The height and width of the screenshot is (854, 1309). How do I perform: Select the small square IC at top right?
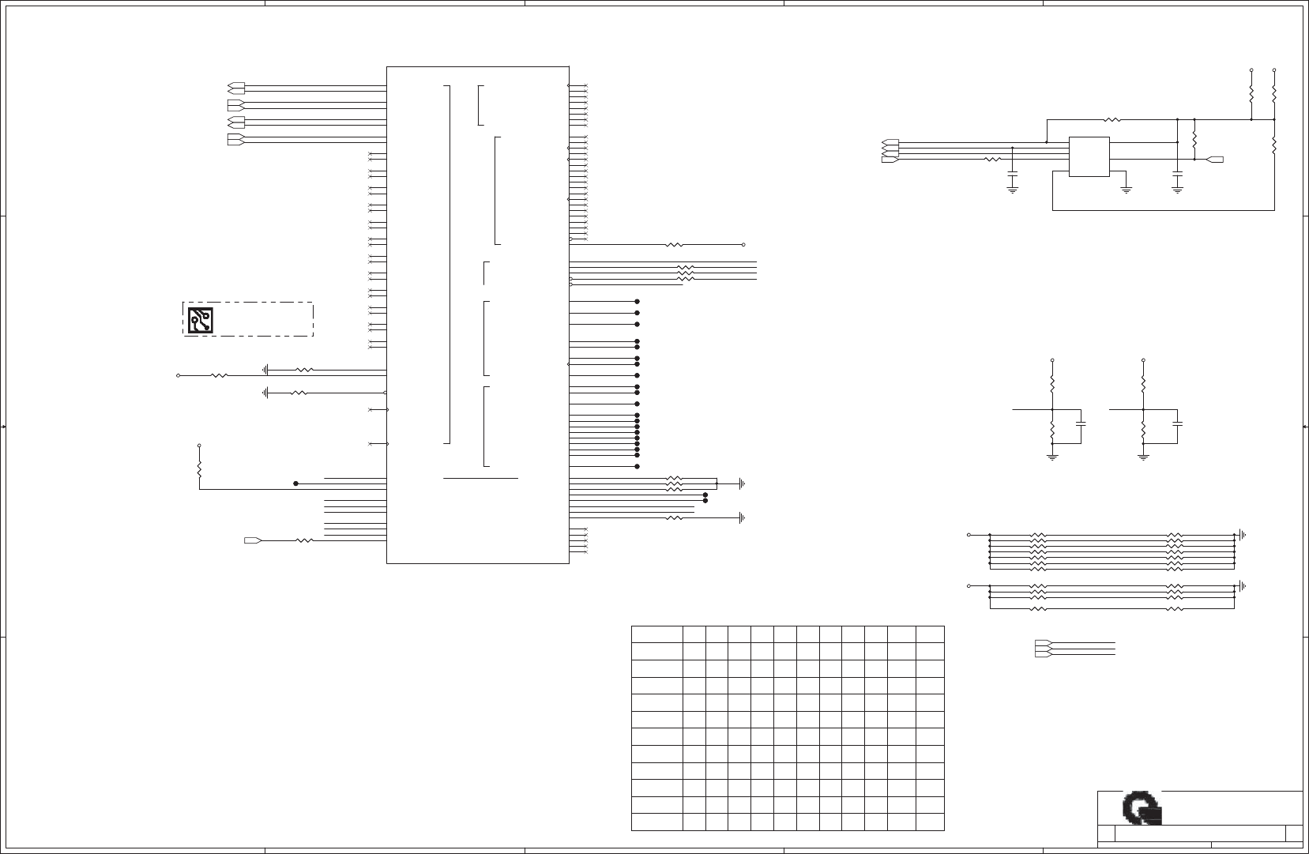pos(1089,156)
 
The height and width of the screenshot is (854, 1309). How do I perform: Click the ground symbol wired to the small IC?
pos(1127,190)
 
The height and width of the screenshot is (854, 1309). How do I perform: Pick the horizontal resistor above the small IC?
pos(1112,120)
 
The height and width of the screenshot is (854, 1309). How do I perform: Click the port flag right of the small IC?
pos(1216,160)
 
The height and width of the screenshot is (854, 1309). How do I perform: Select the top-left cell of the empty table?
pos(657,634)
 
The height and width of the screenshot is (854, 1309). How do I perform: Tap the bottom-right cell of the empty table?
pos(931,822)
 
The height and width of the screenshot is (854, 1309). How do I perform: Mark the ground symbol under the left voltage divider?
pos(1052,457)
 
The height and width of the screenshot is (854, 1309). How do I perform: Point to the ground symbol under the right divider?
pos(1143,457)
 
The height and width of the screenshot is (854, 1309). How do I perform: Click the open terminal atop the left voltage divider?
pos(1052,361)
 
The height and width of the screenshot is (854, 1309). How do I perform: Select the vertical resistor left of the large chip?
pos(199,469)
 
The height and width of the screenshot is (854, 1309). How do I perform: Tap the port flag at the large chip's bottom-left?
pos(253,540)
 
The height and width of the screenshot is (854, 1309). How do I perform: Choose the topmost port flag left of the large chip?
pos(235,86)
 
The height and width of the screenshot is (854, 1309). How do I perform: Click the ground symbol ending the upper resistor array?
pos(1243,535)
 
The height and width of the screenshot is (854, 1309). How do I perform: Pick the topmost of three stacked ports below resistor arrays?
pos(1042,642)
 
